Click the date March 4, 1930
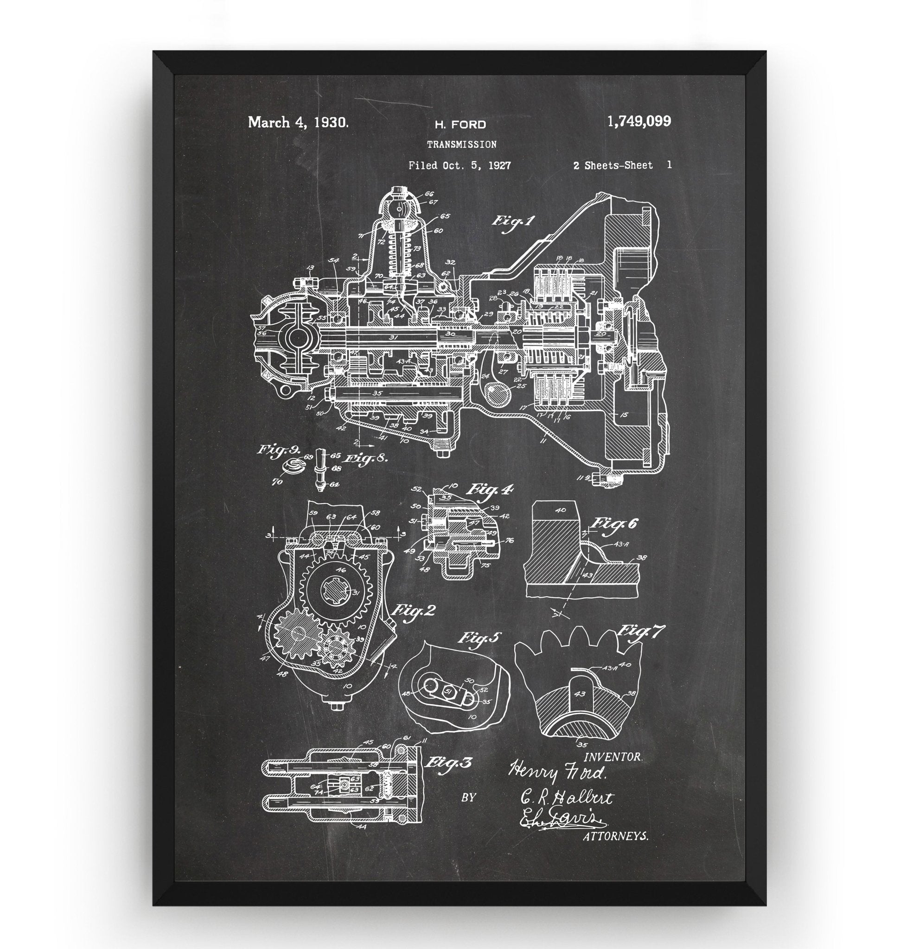coord(298,123)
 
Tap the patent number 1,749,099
coord(638,122)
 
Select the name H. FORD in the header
coord(460,125)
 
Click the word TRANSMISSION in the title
coord(461,144)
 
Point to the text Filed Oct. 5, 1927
coord(459,165)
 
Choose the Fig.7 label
coord(641,632)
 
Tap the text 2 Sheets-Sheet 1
coord(622,165)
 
